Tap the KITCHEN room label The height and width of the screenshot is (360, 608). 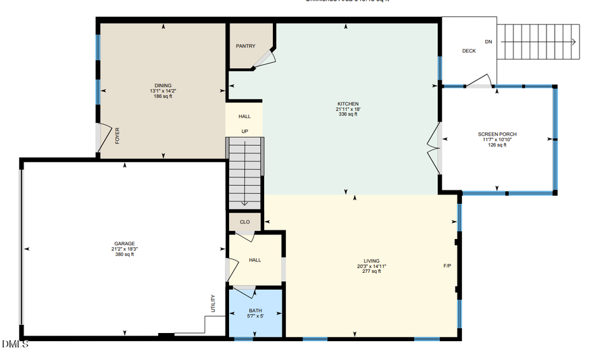[348, 104]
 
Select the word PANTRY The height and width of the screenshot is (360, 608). [245, 46]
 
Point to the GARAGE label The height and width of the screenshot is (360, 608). [124, 243]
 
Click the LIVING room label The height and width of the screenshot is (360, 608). [372, 261]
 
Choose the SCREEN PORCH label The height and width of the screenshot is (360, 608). [497, 134]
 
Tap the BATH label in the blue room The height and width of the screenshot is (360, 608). [255, 311]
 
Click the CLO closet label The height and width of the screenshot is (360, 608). [245, 222]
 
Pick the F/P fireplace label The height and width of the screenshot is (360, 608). [447, 266]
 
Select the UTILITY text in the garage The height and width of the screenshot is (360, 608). [213, 303]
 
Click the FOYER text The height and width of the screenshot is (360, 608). [118, 136]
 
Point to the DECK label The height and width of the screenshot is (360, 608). [469, 51]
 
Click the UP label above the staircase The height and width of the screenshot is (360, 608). [245, 131]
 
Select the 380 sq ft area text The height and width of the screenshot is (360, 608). [124, 255]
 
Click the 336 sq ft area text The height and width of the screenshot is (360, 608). [348, 114]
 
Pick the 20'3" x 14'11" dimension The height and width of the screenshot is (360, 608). [372, 266]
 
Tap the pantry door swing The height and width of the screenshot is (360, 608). [264, 59]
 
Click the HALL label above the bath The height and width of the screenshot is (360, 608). [255, 259]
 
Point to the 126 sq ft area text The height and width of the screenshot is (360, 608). [497, 145]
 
